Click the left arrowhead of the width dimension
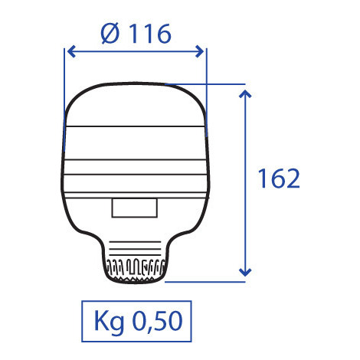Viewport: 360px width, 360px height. (69, 51)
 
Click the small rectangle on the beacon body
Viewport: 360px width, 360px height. (134, 208)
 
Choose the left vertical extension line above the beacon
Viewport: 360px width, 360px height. (62, 84)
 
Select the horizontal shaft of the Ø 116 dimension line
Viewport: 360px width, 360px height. (134, 51)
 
